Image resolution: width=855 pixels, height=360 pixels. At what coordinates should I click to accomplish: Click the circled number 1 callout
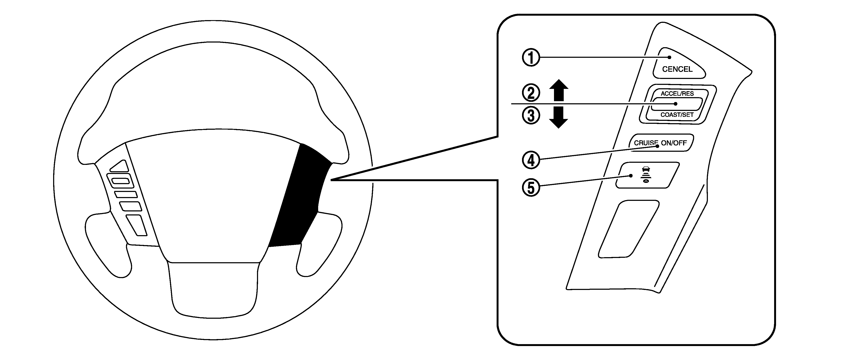click(531, 58)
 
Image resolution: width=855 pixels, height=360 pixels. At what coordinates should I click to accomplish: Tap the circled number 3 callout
click(531, 116)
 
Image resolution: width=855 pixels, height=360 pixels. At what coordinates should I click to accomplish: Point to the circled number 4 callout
click(531, 160)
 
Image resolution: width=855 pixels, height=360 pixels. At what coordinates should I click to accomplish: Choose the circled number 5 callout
click(531, 188)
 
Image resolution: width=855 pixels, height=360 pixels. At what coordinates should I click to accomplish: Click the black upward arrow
click(559, 90)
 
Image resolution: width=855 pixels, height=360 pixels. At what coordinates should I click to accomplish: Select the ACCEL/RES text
click(677, 94)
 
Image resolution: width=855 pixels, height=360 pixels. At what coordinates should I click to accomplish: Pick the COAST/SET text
click(677, 115)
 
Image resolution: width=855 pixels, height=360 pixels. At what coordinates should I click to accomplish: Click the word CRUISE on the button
click(646, 143)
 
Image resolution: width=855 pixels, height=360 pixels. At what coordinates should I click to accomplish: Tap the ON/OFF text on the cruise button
click(674, 143)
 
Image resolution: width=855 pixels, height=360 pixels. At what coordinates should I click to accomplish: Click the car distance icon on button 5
click(646, 175)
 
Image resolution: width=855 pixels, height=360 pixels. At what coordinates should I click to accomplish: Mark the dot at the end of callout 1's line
click(670, 57)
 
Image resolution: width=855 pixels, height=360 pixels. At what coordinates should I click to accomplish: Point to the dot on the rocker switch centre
click(676, 104)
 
